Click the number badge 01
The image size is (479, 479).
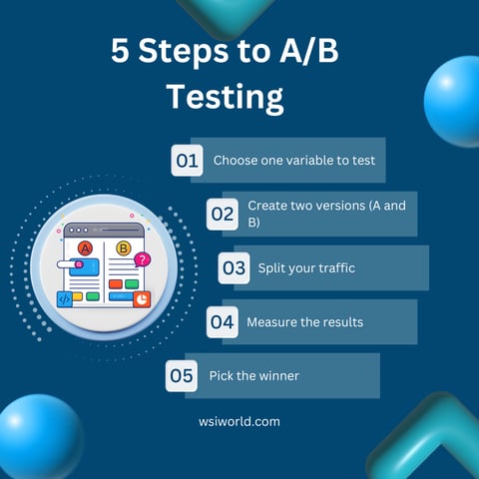click(x=187, y=160)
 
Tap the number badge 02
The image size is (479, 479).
click(x=222, y=214)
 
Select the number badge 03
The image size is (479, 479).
click(x=235, y=267)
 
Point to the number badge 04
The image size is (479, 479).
click(x=222, y=321)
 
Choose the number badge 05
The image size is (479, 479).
click(x=181, y=375)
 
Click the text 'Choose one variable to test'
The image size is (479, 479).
click(x=293, y=160)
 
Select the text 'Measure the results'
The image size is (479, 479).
click(x=304, y=321)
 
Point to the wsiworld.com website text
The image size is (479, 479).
click(x=239, y=421)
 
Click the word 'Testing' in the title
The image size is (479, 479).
click(x=225, y=97)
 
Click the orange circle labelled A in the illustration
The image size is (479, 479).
click(x=85, y=246)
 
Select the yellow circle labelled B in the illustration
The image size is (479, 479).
click(x=123, y=247)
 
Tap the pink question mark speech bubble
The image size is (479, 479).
click(x=143, y=259)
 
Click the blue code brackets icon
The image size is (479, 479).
click(x=65, y=297)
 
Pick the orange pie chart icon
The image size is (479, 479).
click(x=142, y=297)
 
